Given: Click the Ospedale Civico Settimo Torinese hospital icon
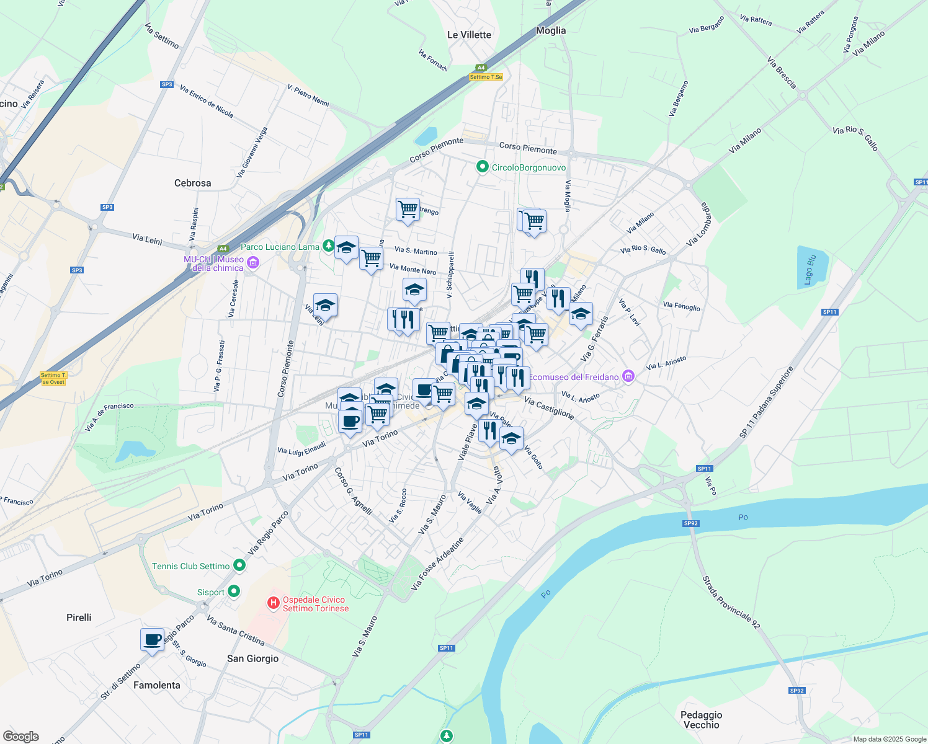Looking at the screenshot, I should (272, 603).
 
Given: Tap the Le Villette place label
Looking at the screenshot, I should (469, 35).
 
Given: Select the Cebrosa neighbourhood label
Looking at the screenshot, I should (192, 183).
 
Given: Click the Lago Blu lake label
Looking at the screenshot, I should (810, 270).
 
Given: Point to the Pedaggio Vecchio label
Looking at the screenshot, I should (701, 720).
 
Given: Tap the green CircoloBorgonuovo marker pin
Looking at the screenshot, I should (482, 167).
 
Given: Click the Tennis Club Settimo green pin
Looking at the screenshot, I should (239, 565).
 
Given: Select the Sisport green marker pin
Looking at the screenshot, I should (234, 591).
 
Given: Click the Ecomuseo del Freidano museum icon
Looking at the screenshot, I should (629, 376).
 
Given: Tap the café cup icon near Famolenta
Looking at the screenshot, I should (152, 640).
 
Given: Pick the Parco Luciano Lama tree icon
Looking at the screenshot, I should (329, 247).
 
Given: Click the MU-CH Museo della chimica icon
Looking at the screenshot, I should (252, 263).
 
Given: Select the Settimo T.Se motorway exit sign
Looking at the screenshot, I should (486, 77).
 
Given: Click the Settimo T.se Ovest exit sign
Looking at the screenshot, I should (53, 378).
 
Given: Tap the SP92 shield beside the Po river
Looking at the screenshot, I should (691, 523).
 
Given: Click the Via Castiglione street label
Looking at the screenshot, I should (548, 408).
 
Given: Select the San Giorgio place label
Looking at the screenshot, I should (252, 658).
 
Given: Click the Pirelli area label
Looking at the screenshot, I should (79, 618).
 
